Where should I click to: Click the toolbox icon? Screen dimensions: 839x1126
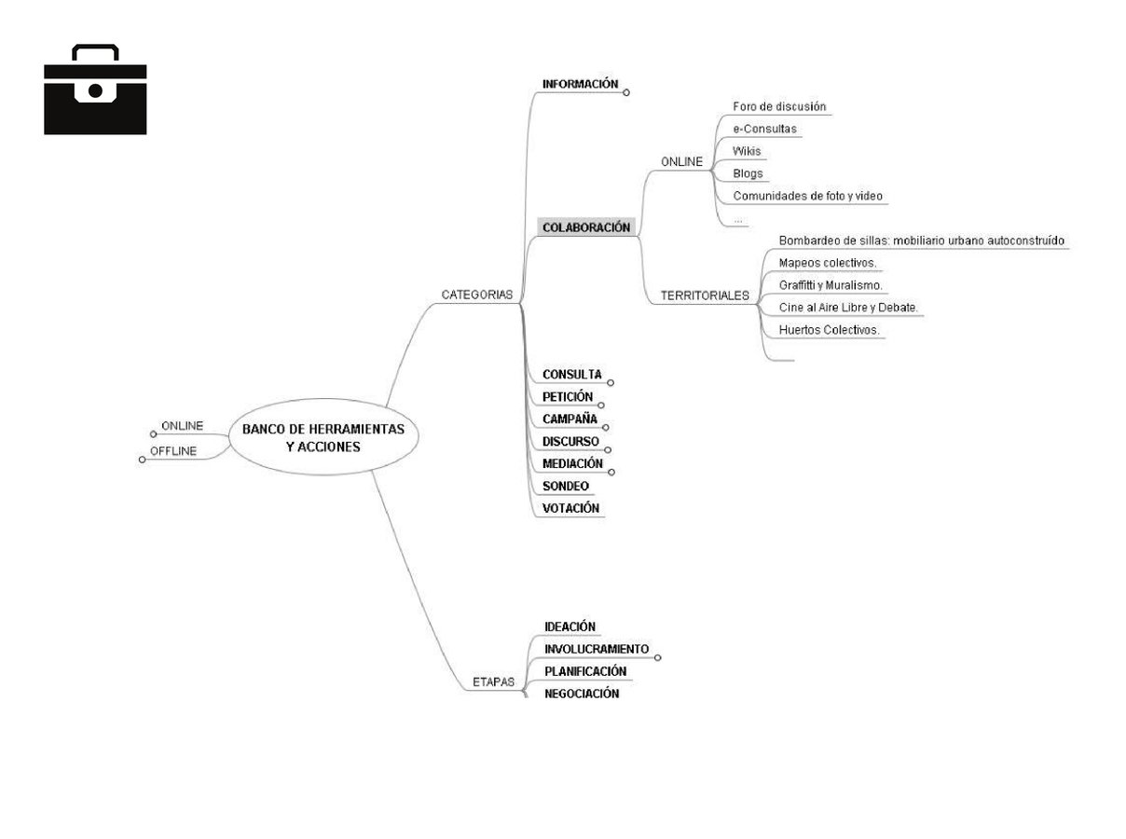coord(95,90)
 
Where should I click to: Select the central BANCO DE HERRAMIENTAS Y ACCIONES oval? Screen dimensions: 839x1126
coord(323,438)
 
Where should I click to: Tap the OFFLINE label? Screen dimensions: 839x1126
coord(173,451)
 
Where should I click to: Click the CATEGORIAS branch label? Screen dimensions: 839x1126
coord(477,295)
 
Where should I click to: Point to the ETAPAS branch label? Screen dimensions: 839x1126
coord(493,682)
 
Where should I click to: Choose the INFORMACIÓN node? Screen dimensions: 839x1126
coord(580,84)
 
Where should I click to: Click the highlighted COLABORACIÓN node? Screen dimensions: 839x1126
coord(586,227)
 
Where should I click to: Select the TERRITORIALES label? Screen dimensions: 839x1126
coord(705,296)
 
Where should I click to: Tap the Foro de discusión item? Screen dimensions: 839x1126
coord(779,106)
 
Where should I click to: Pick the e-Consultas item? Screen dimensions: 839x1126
coord(764,129)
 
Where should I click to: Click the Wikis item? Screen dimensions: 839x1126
coord(747,151)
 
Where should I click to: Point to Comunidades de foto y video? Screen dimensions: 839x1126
coord(807,196)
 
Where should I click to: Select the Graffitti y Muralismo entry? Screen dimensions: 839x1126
coord(830,285)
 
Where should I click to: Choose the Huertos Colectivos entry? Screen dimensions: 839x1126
coord(829,330)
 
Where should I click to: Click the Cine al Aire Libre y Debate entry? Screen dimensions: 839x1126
coord(848,308)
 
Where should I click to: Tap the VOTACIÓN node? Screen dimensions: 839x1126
coord(570,508)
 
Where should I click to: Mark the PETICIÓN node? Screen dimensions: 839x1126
coord(567,396)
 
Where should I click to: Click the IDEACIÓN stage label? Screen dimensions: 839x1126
coord(570,626)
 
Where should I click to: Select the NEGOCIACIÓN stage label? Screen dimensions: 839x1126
coord(582,694)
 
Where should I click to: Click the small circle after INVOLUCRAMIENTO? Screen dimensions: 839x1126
coord(658,657)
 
